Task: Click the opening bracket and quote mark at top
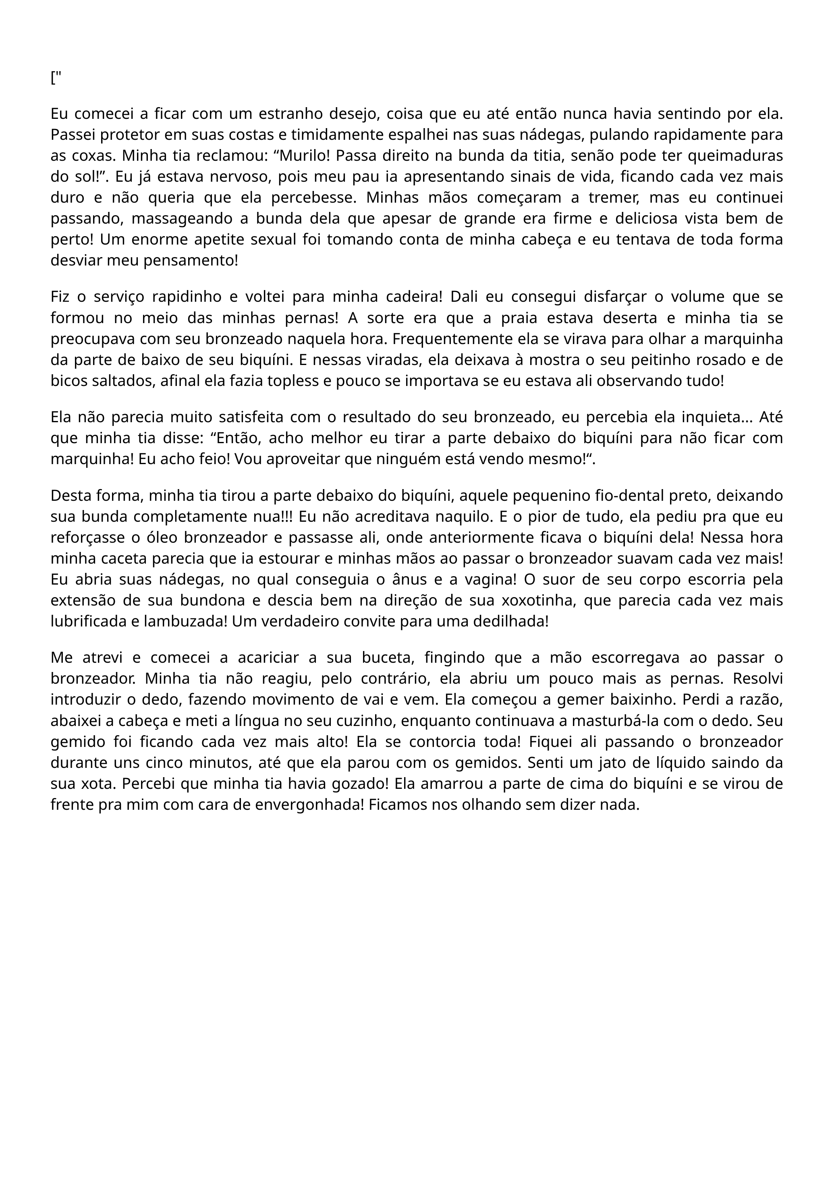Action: pos(56,78)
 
